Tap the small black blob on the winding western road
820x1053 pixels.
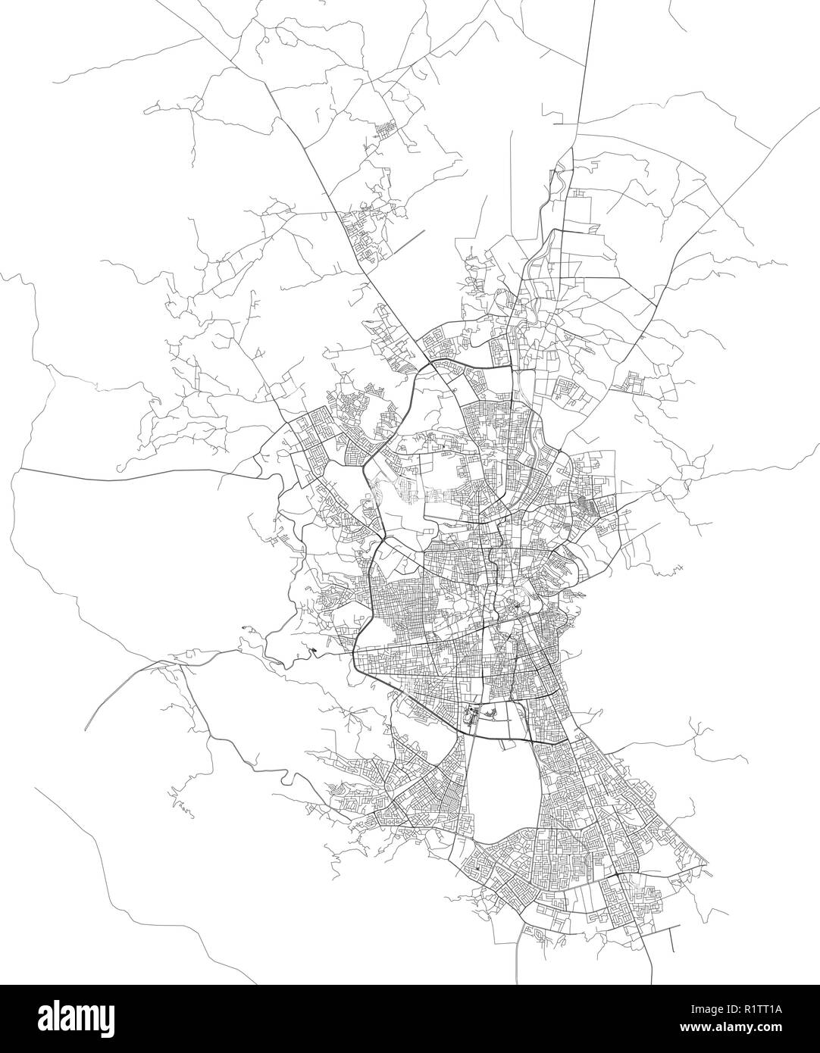pos(314,648)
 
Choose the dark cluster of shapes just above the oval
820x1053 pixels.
pos(481,713)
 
